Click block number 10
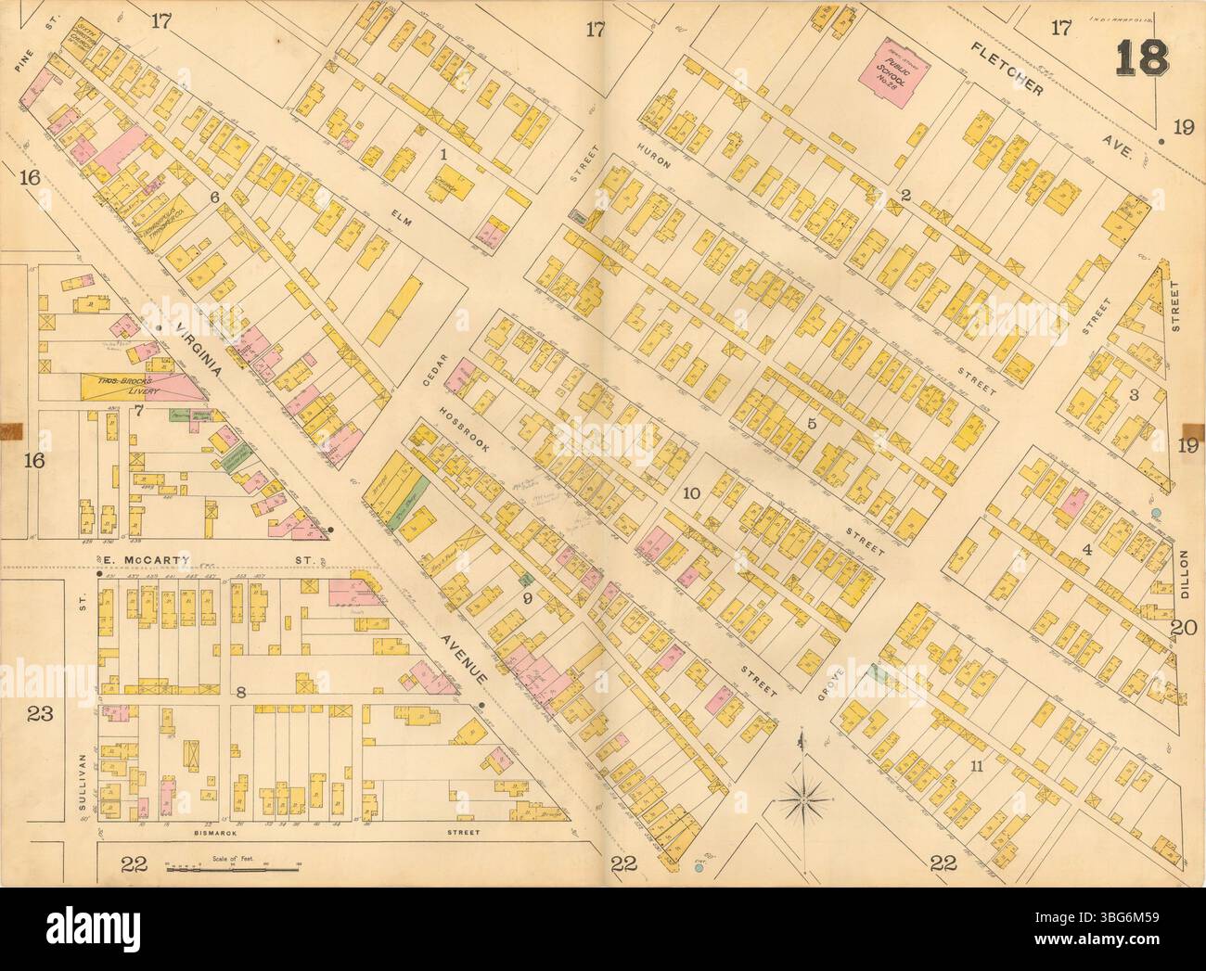pos(690,492)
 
